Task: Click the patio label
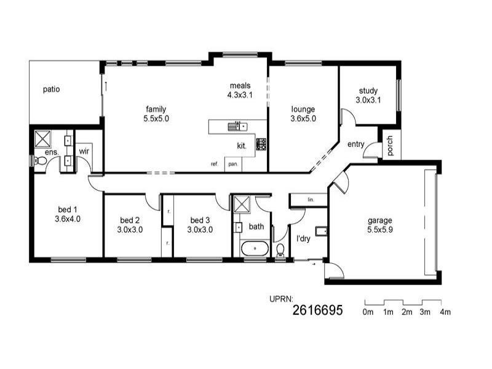(x=51, y=89)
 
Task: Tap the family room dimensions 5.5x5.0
(x=157, y=118)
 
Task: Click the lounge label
(x=303, y=109)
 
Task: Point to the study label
(x=368, y=90)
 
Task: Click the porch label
(x=390, y=145)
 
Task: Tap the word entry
(x=355, y=145)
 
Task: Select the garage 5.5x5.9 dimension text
(x=379, y=230)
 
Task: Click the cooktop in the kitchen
(x=261, y=144)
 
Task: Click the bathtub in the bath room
(x=253, y=249)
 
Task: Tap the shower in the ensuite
(x=43, y=137)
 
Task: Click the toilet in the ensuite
(x=39, y=161)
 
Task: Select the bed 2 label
(x=130, y=220)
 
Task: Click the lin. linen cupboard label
(x=311, y=200)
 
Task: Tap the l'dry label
(x=303, y=238)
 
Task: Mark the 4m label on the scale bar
(x=445, y=312)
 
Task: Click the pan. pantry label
(x=233, y=164)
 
